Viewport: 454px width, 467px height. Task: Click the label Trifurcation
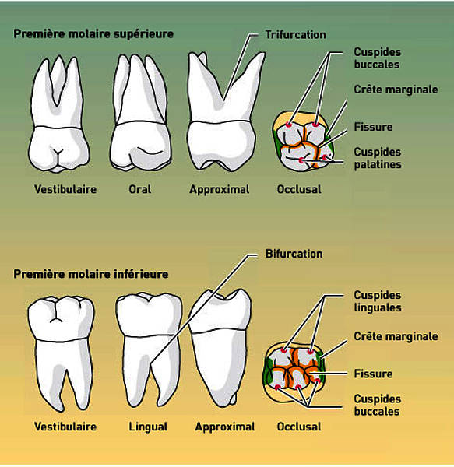tap(295, 35)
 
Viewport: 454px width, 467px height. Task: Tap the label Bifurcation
tap(294, 254)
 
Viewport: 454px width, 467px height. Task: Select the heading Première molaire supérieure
tap(93, 34)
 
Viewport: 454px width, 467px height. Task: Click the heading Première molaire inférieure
tap(91, 274)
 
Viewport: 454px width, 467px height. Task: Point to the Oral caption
tap(140, 189)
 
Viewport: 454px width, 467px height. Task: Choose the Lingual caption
tap(148, 427)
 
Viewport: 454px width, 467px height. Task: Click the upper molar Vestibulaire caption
tap(65, 189)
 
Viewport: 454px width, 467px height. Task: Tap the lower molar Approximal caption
tap(225, 427)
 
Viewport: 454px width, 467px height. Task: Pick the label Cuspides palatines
tap(378, 158)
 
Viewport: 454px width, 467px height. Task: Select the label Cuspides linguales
tap(378, 301)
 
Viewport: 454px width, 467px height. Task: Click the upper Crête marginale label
tap(396, 90)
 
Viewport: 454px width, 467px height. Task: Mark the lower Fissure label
tap(373, 374)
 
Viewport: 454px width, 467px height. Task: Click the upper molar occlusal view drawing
tap(303, 142)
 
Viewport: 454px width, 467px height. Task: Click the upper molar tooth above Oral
tap(140, 113)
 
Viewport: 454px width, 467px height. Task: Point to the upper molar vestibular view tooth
tap(58, 114)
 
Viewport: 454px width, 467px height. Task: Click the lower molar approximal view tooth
tap(220, 348)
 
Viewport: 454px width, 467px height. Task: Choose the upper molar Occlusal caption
tap(299, 189)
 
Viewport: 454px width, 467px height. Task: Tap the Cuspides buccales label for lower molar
tap(377, 405)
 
